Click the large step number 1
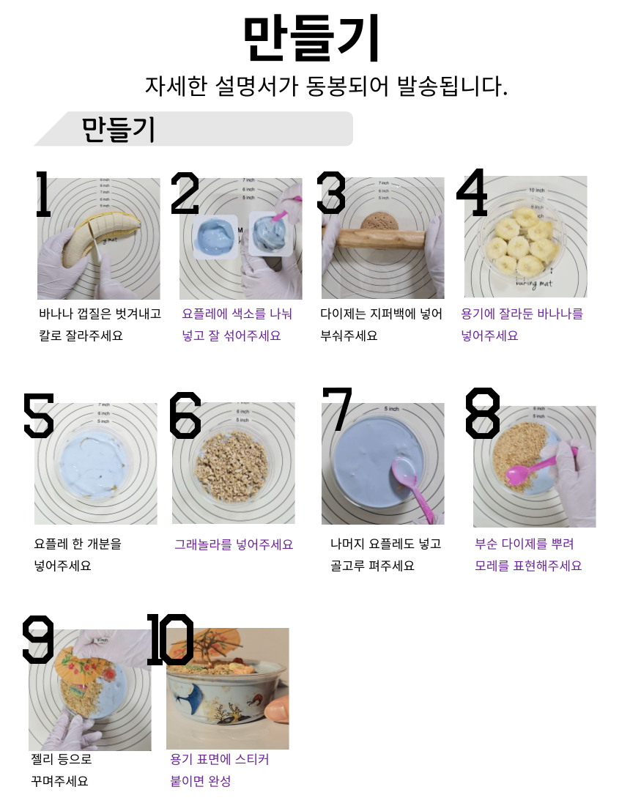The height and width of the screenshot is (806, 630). (x=43, y=193)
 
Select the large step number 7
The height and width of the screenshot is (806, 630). (x=337, y=410)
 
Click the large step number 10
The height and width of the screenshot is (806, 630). (x=170, y=639)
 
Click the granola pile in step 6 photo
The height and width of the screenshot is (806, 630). (x=232, y=466)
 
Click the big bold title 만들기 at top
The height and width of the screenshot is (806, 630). (x=311, y=38)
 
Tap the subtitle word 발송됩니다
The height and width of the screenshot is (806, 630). (x=452, y=86)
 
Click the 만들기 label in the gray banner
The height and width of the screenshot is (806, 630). (x=118, y=129)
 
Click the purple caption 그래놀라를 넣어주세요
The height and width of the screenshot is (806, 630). (x=234, y=544)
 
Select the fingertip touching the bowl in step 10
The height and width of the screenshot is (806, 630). (x=278, y=711)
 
